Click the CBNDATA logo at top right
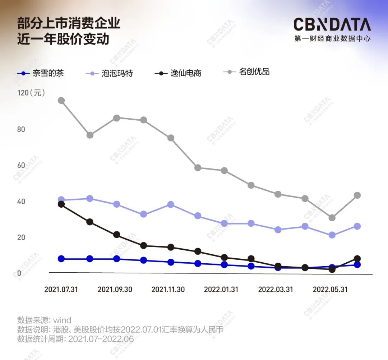(x=332, y=25)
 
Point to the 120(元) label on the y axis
(x=31, y=93)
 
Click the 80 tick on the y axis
(x=21, y=129)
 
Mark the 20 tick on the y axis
(x=21, y=237)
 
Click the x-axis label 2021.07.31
(x=61, y=289)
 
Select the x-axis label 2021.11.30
(x=168, y=289)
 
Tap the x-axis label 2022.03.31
(x=275, y=289)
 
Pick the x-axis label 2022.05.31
(x=330, y=289)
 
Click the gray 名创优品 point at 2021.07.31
(x=61, y=100)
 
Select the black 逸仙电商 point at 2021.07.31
(x=61, y=204)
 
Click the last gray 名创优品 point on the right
(x=357, y=195)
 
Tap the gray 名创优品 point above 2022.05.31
(x=332, y=218)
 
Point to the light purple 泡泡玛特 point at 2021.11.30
(x=171, y=204)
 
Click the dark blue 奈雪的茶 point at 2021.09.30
(x=116, y=259)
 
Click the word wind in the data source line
(x=62, y=320)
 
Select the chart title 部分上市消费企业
(x=69, y=23)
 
